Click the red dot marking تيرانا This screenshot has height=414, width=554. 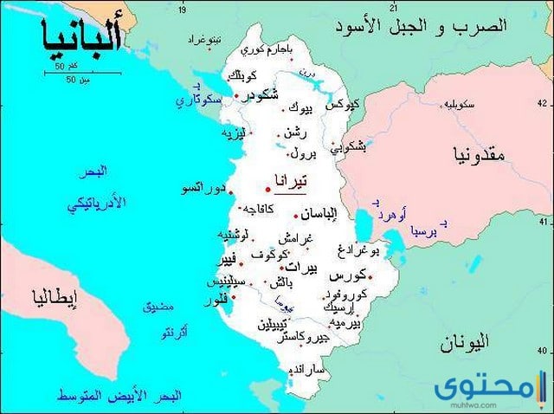click(267, 188)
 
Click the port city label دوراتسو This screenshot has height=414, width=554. click(204, 188)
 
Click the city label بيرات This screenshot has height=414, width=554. click(301, 267)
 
